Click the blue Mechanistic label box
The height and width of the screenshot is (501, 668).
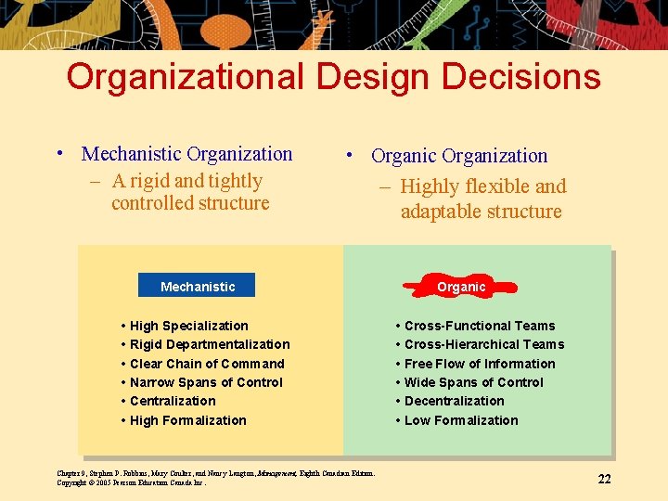[197, 287]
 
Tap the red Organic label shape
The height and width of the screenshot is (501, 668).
[461, 287]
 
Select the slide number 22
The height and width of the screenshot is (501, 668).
[604, 479]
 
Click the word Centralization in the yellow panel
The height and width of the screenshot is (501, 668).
[173, 401]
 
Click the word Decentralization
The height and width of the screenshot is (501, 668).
[454, 401]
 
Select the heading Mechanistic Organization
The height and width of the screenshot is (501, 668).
[186, 154]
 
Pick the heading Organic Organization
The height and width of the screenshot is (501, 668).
[459, 156]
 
